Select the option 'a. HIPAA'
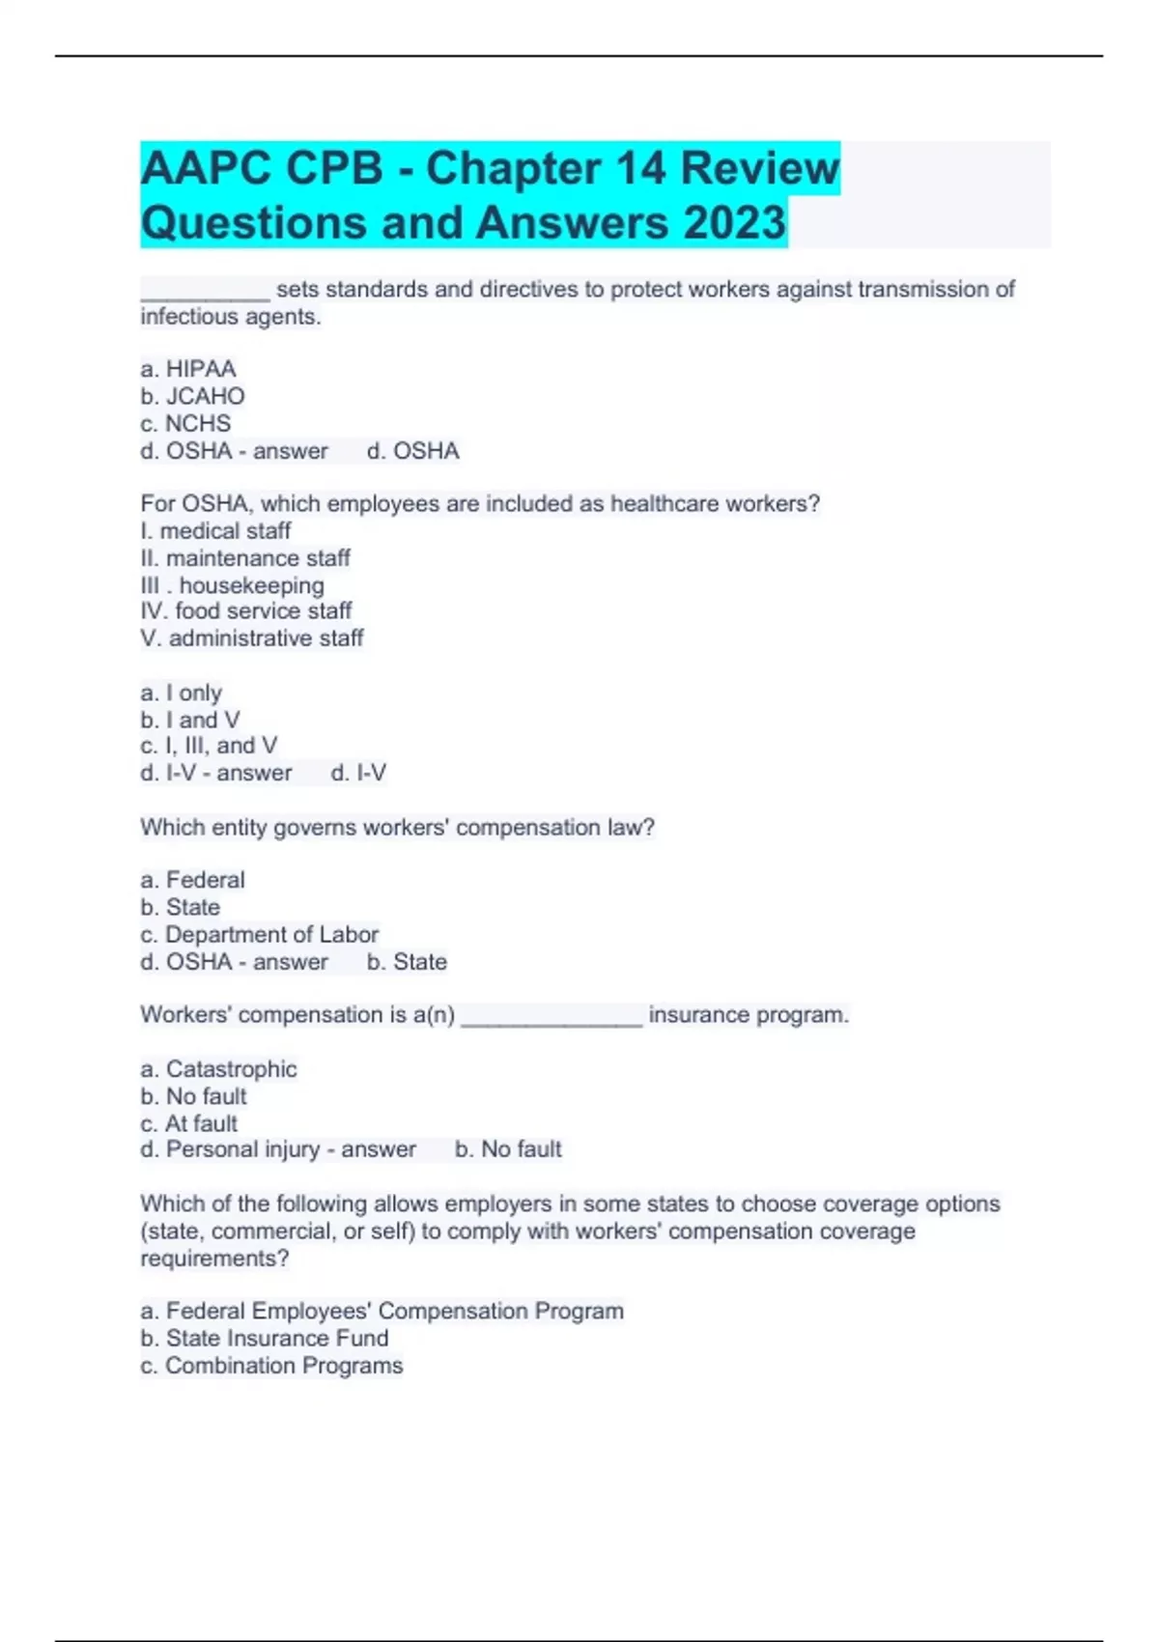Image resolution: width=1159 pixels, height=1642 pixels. coord(188,369)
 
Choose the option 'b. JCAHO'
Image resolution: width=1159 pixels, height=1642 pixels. coord(192,396)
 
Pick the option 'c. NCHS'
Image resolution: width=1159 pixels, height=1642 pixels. coord(185,423)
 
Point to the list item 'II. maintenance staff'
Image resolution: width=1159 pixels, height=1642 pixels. coord(245,558)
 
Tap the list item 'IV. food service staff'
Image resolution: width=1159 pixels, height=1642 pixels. coord(245,610)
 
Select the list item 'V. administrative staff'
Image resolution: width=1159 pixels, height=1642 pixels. coord(251,637)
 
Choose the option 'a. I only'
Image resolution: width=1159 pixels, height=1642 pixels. coord(182,693)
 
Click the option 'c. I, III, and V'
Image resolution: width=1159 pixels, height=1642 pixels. coord(209,746)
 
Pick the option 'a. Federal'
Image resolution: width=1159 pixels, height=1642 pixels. coord(192,880)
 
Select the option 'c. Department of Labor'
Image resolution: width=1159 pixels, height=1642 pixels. coord(259,934)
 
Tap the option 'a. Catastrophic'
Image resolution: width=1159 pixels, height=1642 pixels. coord(218,1069)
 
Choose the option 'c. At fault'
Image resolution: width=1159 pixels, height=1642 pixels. coord(188,1123)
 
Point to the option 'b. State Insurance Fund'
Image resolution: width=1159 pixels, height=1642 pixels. coord(265,1338)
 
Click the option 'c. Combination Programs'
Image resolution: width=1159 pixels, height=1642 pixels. coord(271,1365)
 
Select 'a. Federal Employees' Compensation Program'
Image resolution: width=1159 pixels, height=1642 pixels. coord(382,1311)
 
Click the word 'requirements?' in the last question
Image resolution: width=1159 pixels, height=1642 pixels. coord(214,1259)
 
